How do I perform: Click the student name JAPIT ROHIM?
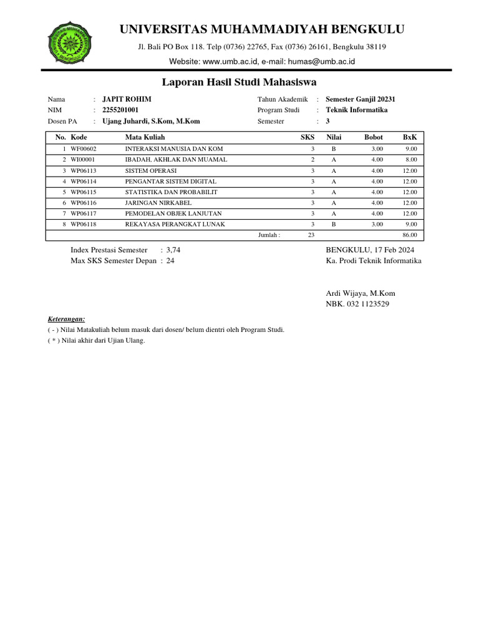(x=127, y=99)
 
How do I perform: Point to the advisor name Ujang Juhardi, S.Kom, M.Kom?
(x=151, y=122)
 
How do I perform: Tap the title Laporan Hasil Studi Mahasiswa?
(x=239, y=82)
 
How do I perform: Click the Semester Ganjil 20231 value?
(x=360, y=99)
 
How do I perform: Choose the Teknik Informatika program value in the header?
(x=356, y=110)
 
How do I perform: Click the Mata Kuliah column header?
(x=145, y=137)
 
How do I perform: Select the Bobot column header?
(x=374, y=137)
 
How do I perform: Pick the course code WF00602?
(x=84, y=149)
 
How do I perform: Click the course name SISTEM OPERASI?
(x=151, y=170)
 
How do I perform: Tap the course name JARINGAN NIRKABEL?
(x=158, y=203)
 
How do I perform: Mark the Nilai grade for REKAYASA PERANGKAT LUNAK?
(x=334, y=224)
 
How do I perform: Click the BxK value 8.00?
(x=410, y=160)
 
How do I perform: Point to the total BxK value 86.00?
(x=409, y=235)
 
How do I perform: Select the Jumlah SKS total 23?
(x=311, y=235)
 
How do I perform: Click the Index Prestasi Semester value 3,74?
(x=173, y=250)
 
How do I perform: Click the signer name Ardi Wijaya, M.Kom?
(x=360, y=293)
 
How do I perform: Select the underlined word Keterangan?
(x=66, y=318)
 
